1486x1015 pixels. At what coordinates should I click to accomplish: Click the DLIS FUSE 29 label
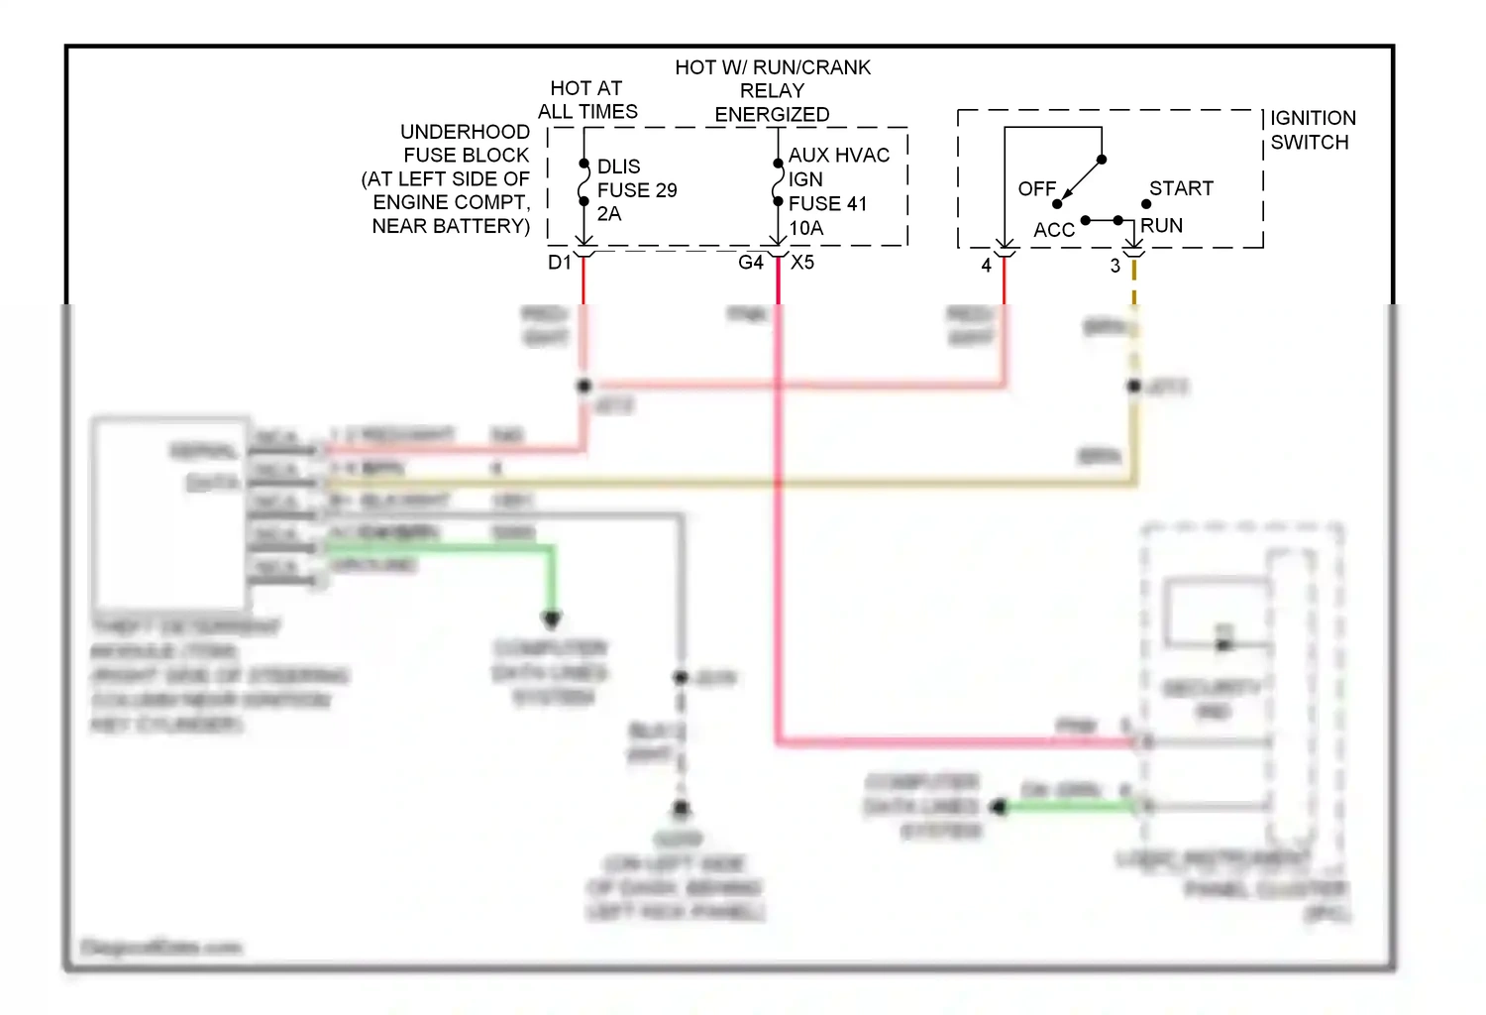(636, 189)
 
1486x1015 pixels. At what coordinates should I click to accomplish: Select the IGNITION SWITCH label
(1312, 130)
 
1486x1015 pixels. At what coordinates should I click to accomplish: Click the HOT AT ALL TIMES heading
(587, 100)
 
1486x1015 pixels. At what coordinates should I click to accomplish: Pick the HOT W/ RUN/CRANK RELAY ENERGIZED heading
(773, 91)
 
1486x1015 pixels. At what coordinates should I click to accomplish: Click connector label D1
(560, 263)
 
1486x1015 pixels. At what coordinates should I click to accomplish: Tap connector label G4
(751, 263)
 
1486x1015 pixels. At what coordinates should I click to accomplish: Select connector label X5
(802, 263)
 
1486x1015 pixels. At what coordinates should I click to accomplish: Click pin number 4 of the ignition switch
(986, 266)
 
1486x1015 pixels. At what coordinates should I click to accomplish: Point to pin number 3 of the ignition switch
(1115, 266)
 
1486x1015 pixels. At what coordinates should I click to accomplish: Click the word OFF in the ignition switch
(1036, 188)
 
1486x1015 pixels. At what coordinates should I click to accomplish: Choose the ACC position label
(1053, 230)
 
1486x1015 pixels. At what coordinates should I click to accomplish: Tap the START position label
(1181, 188)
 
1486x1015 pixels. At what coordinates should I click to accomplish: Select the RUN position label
(1161, 226)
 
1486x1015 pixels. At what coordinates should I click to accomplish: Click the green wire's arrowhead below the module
(552, 620)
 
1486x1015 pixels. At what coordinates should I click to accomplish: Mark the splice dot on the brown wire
(1134, 386)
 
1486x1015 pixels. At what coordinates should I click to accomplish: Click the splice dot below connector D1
(584, 386)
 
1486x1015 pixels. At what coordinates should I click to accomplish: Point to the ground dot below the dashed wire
(681, 809)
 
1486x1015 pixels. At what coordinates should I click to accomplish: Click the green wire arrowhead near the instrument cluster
(999, 808)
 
